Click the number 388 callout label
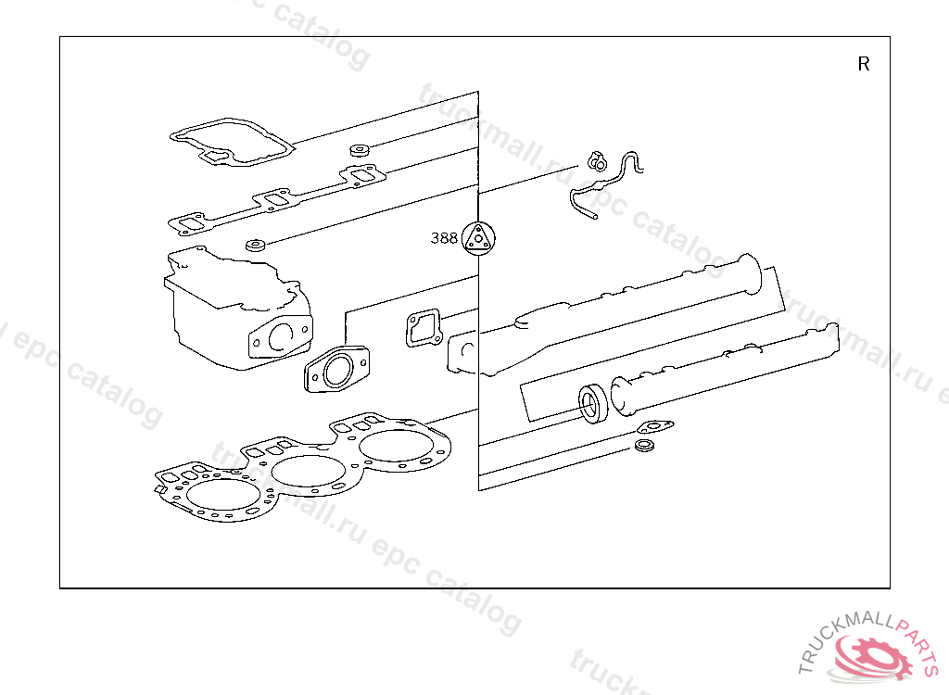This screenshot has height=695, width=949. tap(444, 238)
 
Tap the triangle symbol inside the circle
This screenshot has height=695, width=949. tap(478, 238)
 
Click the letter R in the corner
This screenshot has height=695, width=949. tap(864, 64)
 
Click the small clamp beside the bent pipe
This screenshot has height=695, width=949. tap(596, 161)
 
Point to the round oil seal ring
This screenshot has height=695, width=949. tap(592, 404)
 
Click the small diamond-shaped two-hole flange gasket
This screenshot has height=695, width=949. tap(655, 427)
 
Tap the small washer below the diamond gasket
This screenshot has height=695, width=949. tap(644, 446)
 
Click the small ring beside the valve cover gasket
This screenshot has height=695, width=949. tap(360, 149)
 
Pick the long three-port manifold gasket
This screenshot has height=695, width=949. tap(276, 199)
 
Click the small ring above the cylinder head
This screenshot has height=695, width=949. tap(256, 246)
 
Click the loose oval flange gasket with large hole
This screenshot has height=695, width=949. tap(337, 370)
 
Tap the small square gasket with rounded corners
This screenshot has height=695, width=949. tap(423, 328)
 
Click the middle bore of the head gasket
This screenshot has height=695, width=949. tap(308, 471)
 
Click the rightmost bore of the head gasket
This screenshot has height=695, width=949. tap(397, 446)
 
